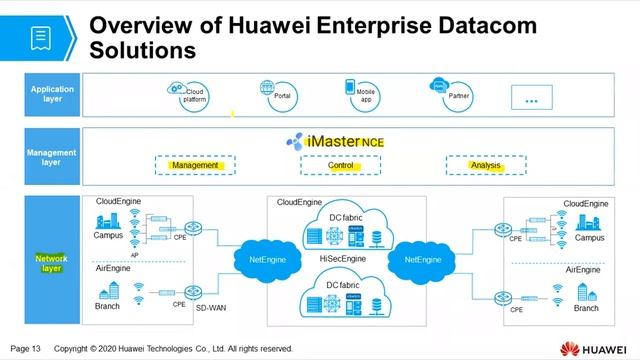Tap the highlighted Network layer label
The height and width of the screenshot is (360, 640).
point(51,263)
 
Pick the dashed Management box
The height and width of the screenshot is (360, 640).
point(194,165)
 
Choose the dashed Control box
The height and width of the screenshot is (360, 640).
point(341,165)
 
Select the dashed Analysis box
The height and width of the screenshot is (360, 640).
point(486,165)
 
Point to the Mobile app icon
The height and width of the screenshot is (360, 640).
point(351,87)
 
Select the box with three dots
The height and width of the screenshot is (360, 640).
point(531,98)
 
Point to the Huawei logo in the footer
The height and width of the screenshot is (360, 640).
point(595,349)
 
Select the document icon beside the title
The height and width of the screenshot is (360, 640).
point(41,37)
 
